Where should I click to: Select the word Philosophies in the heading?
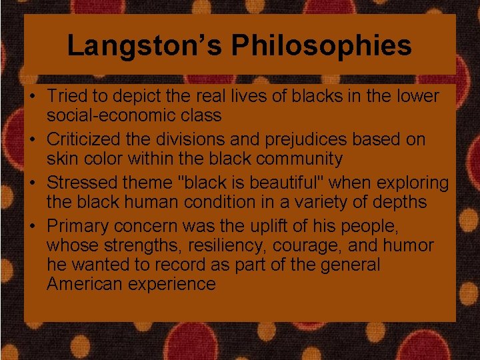coord(321,45)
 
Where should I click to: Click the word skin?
coord(60,159)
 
